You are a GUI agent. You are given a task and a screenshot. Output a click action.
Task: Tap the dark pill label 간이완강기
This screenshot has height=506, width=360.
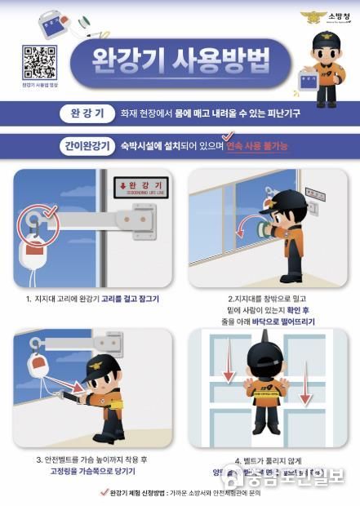84,147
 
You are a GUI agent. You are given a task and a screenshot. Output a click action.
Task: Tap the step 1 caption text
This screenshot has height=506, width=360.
92,299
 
